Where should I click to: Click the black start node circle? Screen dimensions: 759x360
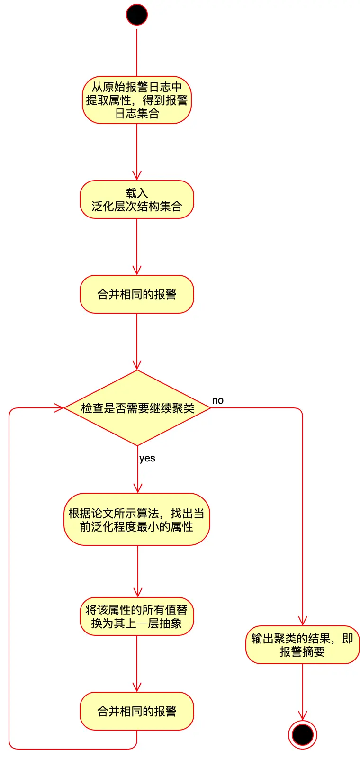click(x=137, y=15)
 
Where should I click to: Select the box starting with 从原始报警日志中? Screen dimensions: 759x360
click(x=137, y=100)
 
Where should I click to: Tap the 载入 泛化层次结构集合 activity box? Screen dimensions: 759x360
click(x=137, y=199)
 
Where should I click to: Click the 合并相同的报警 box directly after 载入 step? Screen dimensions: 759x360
click(x=137, y=294)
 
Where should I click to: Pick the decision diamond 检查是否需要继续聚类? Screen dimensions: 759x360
click(x=137, y=408)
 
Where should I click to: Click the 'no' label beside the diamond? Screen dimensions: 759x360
click(x=218, y=400)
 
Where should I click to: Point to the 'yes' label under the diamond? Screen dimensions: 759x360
click(x=147, y=458)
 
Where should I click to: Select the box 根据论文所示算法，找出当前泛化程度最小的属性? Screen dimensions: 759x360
click(x=137, y=519)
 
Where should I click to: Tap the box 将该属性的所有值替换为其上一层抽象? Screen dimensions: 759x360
click(x=137, y=616)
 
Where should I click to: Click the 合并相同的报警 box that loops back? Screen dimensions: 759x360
click(x=137, y=711)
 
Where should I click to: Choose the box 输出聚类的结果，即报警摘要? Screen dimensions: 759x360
click(x=302, y=645)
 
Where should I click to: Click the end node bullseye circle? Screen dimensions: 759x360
click(x=302, y=735)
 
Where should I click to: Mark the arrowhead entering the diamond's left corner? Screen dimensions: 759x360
click(x=59, y=408)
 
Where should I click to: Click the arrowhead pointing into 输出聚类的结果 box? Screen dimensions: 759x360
click(x=302, y=621)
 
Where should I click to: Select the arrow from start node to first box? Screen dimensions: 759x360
click(x=137, y=52)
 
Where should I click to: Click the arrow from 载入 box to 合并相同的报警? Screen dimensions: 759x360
click(x=137, y=246)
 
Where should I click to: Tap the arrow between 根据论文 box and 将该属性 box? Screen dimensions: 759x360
click(x=137, y=571)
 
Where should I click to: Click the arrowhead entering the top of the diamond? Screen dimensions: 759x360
click(x=137, y=365)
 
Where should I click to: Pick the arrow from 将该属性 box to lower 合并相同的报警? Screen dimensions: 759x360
click(x=137, y=663)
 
